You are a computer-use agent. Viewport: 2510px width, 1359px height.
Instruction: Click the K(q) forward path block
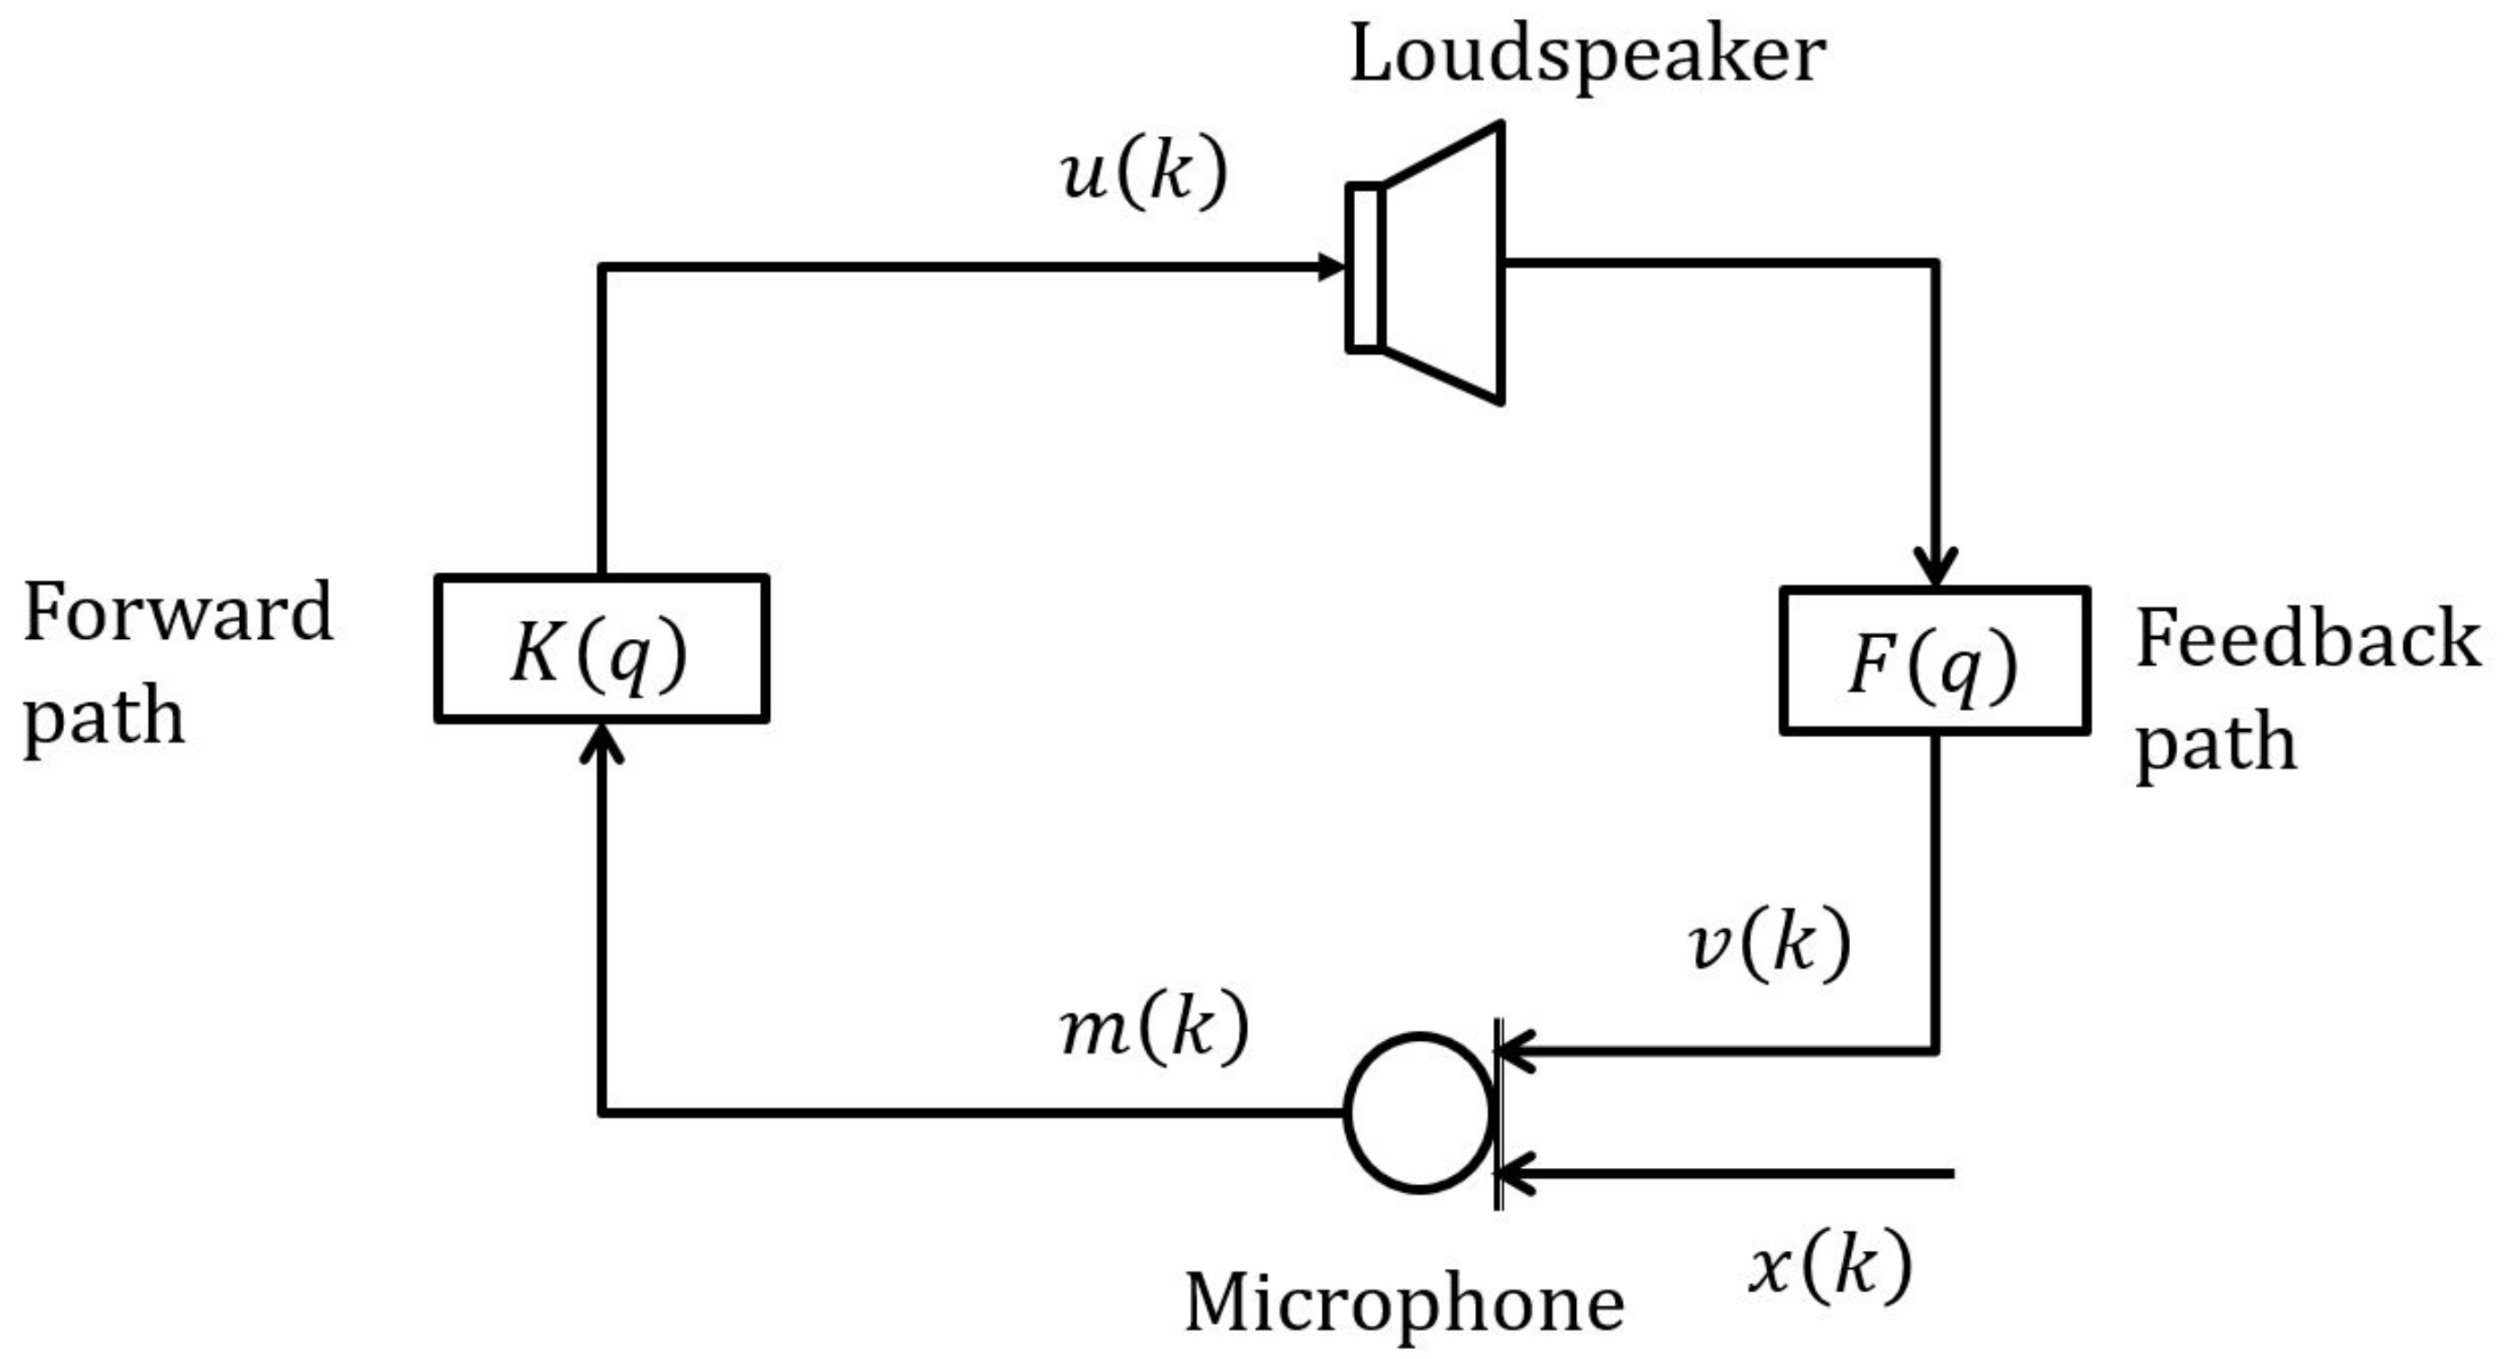click(601, 649)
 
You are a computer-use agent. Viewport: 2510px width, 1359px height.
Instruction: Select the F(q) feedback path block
click(1934, 661)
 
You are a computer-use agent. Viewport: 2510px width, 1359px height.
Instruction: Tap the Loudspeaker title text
click(1586, 56)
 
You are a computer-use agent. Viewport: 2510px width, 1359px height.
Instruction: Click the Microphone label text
click(1404, 1303)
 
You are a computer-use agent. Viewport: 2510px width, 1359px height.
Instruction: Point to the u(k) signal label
click(1144, 176)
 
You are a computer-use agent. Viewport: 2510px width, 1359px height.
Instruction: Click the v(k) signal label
click(1769, 944)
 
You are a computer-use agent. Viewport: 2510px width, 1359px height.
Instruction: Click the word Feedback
click(2307, 639)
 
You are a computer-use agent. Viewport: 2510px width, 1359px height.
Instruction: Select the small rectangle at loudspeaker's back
click(1364, 266)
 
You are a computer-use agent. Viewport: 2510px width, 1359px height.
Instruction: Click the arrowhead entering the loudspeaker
click(1331, 266)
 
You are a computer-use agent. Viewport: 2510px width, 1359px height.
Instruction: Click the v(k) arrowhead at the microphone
click(1516, 1051)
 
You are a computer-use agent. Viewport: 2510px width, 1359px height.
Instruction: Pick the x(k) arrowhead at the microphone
click(1516, 1174)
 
